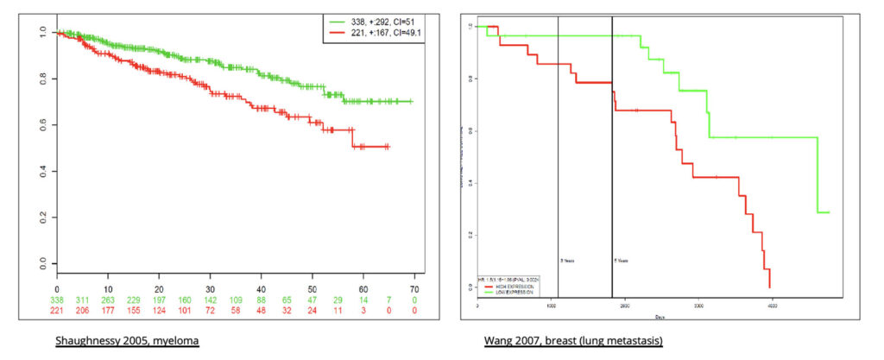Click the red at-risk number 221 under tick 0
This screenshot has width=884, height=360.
click(x=58, y=308)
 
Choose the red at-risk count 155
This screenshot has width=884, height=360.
click(x=134, y=308)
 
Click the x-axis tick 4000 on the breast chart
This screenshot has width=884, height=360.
click(x=773, y=306)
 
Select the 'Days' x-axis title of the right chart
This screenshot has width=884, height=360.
click(x=659, y=316)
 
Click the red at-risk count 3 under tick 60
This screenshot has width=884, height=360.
click(x=363, y=308)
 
